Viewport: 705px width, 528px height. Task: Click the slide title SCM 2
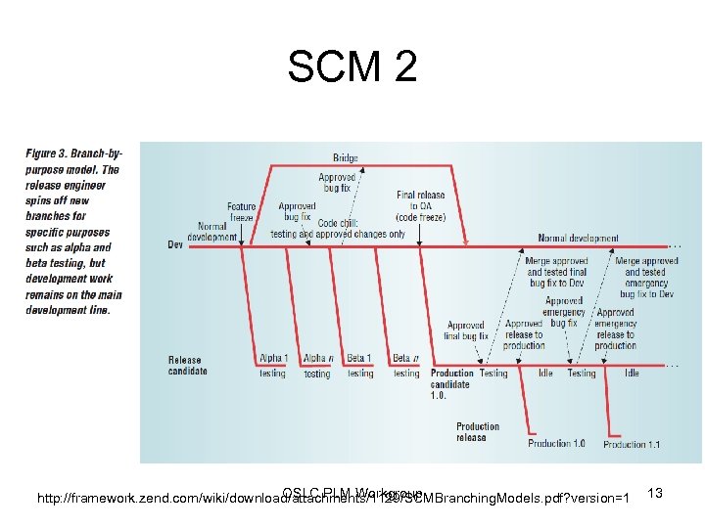click(352, 67)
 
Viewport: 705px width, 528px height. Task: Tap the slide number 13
click(656, 494)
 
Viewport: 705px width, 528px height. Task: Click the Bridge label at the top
click(346, 157)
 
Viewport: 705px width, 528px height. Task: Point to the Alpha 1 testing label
click(273, 366)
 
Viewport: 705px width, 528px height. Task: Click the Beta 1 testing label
click(360, 366)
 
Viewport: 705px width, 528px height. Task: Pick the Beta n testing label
click(405, 366)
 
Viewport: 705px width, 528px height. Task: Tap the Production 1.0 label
click(556, 444)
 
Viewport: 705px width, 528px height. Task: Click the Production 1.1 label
click(632, 445)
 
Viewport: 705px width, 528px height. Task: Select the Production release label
click(478, 432)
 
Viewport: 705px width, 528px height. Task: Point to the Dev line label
click(175, 244)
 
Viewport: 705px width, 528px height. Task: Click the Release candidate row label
click(187, 366)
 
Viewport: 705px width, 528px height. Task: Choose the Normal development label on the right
click(578, 238)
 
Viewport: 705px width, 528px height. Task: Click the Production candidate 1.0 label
click(452, 384)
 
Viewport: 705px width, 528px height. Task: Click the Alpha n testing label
click(317, 366)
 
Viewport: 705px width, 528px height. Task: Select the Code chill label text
click(338, 229)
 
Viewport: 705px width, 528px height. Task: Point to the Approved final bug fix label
click(467, 330)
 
